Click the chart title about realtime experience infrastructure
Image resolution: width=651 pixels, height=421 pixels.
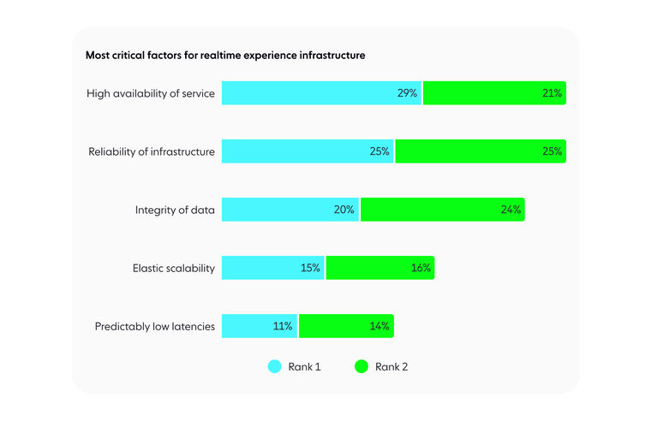coord(225,56)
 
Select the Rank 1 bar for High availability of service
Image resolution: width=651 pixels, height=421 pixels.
coord(321,93)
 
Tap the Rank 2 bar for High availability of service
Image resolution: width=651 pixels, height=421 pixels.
coord(494,93)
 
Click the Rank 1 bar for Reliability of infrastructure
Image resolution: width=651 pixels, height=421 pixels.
coord(308,151)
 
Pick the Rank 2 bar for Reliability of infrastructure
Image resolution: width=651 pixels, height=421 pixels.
coord(481,151)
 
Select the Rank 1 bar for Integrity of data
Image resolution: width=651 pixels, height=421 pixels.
coord(290,210)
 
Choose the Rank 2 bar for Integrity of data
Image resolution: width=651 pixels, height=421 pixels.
coord(443,210)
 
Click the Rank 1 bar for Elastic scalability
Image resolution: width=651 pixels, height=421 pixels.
coord(272,268)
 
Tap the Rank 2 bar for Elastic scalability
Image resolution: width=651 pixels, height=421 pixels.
coord(380,268)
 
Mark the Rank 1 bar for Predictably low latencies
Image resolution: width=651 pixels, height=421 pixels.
coord(259,326)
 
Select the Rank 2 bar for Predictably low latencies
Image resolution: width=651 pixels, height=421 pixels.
coord(346,326)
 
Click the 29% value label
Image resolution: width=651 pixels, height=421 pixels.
coord(408,93)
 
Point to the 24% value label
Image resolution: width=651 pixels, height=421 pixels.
coord(511,210)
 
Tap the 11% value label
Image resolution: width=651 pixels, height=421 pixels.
coord(284,326)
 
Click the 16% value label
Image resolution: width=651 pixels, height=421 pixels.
coord(421,268)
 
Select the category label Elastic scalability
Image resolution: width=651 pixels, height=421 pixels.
coord(174,268)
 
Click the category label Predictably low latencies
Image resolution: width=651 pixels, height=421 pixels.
coord(155,326)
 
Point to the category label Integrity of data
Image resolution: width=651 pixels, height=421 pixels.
coord(175,210)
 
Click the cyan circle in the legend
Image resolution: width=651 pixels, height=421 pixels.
coord(275,366)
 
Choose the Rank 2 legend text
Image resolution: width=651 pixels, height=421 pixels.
coord(391,366)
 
